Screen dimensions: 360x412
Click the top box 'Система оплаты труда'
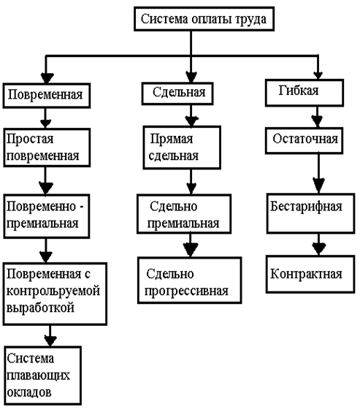pyautogui.click(x=204, y=19)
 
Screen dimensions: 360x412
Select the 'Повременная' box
pyautogui.click(x=47, y=96)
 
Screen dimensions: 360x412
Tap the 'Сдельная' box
pyautogui.click(x=177, y=94)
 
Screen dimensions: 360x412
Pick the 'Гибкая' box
pyautogui.click(x=305, y=93)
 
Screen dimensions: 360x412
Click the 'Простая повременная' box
pyautogui.click(x=47, y=148)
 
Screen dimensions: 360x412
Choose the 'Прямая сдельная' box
pyautogui.click(x=182, y=148)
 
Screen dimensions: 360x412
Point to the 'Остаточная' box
pyautogui.click(x=304, y=140)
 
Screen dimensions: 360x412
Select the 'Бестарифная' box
pyautogui.click(x=310, y=213)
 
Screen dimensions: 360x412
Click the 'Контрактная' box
pyautogui.click(x=310, y=275)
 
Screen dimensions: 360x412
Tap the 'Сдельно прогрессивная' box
pyautogui.click(x=189, y=281)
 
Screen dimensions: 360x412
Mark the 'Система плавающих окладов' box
pyautogui.click(x=42, y=375)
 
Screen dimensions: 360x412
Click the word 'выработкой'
pyautogui.click(x=40, y=308)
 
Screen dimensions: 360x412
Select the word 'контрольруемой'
pyautogui.click(x=53, y=291)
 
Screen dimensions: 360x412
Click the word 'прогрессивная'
pyautogui.click(x=186, y=291)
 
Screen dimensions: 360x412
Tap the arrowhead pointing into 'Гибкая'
pyautogui.click(x=318, y=75)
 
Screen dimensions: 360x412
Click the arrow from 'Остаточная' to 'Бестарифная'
pyautogui.click(x=318, y=174)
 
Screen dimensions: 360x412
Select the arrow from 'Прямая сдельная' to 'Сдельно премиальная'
pyautogui.click(x=191, y=182)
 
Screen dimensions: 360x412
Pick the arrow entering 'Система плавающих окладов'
pyautogui.click(x=50, y=336)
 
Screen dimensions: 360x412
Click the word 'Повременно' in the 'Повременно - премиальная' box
pyautogui.click(x=41, y=207)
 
